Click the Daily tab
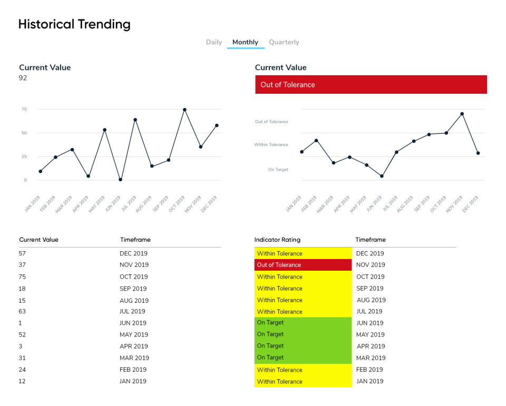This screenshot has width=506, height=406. [213, 42]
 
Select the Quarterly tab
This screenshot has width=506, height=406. [284, 42]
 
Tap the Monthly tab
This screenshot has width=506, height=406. [245, 42]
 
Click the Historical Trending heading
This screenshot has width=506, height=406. [74, 24]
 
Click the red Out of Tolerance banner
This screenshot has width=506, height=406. [371, 84]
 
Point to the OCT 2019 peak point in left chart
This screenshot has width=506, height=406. [184, 110]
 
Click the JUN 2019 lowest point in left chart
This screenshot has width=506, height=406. [120, 180]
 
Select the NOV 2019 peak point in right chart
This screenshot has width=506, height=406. [462, 113]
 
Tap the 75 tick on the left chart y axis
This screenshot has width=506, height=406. [24, 110]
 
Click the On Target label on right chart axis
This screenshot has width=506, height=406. [278, 170]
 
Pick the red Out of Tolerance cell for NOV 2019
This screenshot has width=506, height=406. [303, 265]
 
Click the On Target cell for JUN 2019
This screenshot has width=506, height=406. [303, 323]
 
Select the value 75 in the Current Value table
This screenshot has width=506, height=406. [23, 277]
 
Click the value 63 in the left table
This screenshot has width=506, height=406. [23, 312]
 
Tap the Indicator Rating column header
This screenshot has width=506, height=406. [277, 240]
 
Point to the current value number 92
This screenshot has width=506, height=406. [23, 78]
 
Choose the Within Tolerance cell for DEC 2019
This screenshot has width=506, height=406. [303, 253]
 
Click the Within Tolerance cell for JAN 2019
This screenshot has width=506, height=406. [303, 381]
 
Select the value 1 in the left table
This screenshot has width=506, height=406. [21, 323]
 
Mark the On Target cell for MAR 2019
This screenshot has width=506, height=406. [303, 358]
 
